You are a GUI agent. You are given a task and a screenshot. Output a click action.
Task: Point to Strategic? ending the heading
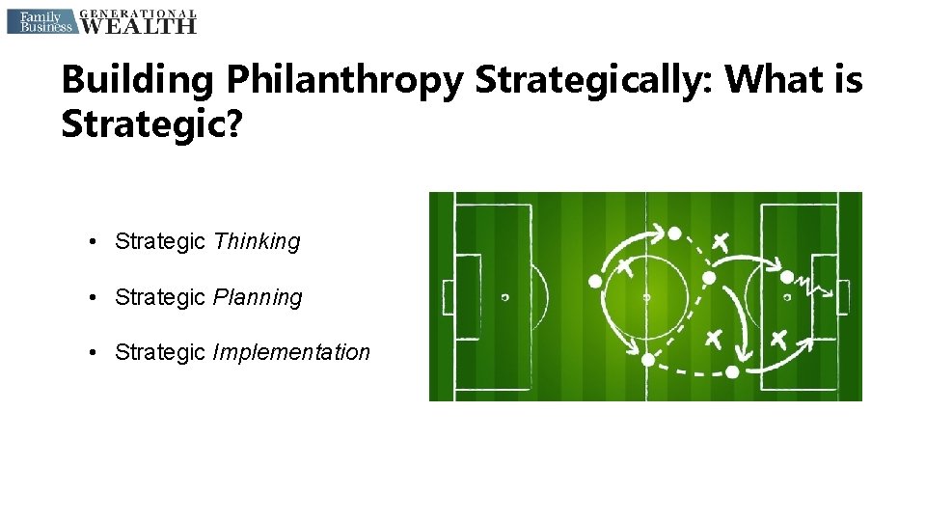coord(151,124)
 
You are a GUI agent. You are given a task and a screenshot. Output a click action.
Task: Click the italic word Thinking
coord(257,242)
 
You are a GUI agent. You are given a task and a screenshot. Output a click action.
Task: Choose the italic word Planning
coord(258,298)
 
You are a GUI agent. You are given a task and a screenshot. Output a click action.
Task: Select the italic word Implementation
coord(291,353)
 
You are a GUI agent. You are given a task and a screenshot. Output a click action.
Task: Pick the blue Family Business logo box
coord(40,21)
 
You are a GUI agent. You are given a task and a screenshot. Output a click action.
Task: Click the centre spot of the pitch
coord(645,297)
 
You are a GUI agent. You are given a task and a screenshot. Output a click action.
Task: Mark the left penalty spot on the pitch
coord(504,297)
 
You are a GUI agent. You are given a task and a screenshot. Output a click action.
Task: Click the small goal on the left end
coord(447,296)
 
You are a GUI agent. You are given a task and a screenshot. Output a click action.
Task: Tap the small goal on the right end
coord(843,296)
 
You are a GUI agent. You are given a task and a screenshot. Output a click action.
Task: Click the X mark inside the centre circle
coord(625,263)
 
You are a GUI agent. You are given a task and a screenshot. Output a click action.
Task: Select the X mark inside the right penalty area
coord(778,339)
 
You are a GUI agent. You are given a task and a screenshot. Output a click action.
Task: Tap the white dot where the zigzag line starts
coord(787,277)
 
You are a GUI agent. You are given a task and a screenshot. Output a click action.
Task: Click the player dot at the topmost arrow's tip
coord(674,233)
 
